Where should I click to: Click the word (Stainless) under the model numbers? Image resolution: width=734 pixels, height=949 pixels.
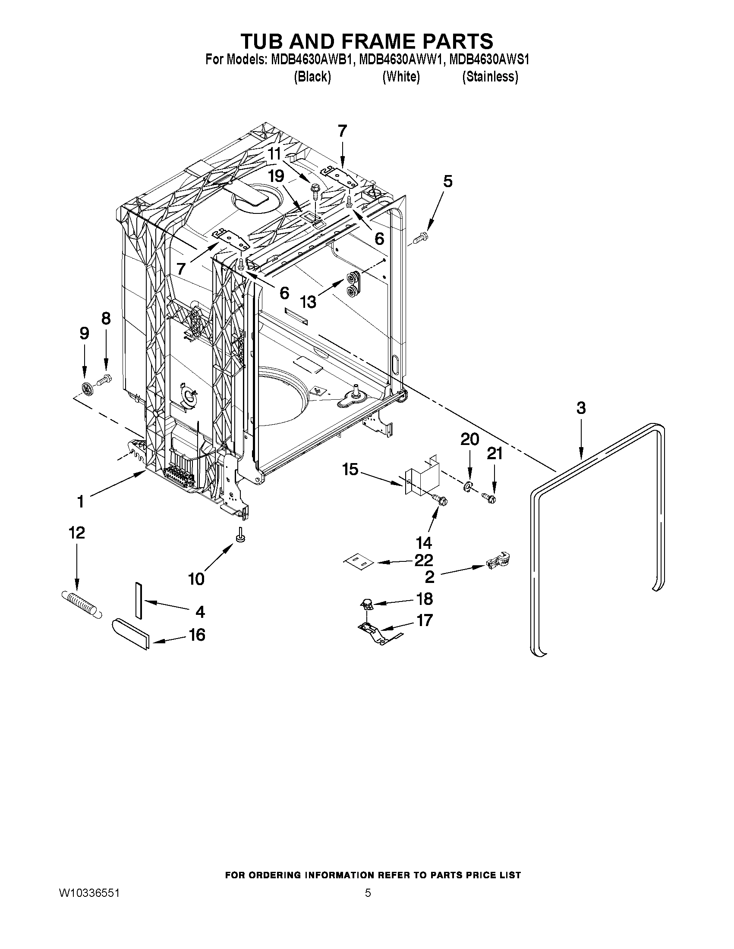[490, 77]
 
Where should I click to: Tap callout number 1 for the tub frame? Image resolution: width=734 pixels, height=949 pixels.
[80, 502]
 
